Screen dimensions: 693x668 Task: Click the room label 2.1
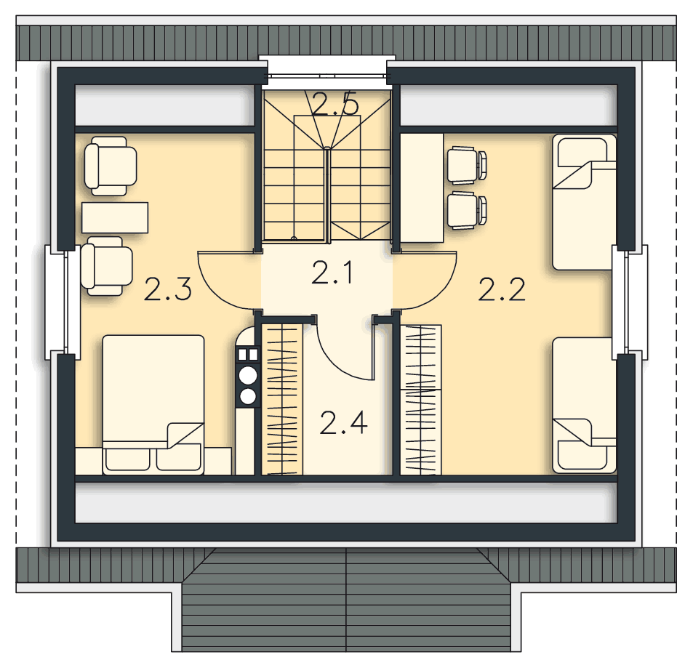[332, 273]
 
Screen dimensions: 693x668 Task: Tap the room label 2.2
[502, 289]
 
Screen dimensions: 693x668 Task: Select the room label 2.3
[167, 289]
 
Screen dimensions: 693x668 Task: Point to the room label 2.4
[343, 423]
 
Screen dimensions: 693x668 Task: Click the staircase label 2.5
[335, 104]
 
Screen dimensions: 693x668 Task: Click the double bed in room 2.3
[153, 405]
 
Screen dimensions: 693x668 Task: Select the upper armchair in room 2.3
[111, 166]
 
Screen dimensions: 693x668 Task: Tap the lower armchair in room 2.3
[106, 266]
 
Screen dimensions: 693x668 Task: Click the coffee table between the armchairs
[115, 217]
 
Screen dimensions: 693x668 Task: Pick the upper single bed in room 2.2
[584, 202]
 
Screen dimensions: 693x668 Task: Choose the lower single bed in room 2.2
[584, 406]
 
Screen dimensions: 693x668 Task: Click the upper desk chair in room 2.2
[467, 165]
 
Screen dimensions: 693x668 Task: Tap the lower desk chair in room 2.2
[467, 210]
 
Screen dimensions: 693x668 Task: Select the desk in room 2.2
[422, 188]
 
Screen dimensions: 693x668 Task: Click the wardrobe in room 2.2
[421, 400]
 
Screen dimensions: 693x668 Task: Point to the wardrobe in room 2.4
[282, 399]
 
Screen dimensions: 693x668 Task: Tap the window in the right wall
[629, 302]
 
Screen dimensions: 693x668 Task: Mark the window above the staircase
[327, 71]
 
